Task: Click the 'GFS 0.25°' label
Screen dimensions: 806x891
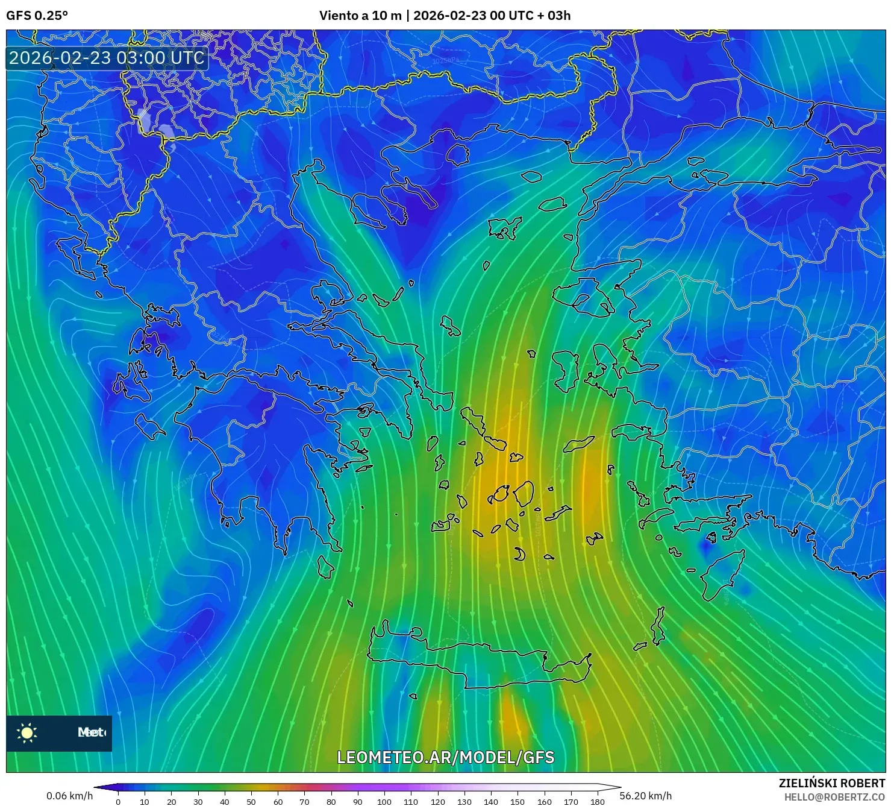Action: (x=37, y=16)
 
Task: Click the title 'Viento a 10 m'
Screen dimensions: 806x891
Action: (x=360, y=16)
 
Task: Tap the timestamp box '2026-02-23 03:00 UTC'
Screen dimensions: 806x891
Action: (x=107, y=58)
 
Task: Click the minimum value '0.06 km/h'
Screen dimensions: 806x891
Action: (x=69, y=796)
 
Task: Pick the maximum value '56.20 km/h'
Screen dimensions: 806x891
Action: (x=645, y=796)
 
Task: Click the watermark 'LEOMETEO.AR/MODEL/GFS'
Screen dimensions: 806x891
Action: (x=445, y=757)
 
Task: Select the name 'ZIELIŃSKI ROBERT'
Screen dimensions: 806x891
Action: (x=831, y=783)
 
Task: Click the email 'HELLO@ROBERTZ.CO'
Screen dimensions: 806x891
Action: (x=834, y=797)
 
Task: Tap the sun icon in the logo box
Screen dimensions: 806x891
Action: (x=27, y=733)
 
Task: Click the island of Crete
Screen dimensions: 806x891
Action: (x=482, y=663)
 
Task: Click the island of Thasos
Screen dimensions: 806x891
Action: (x=457, y=154)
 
